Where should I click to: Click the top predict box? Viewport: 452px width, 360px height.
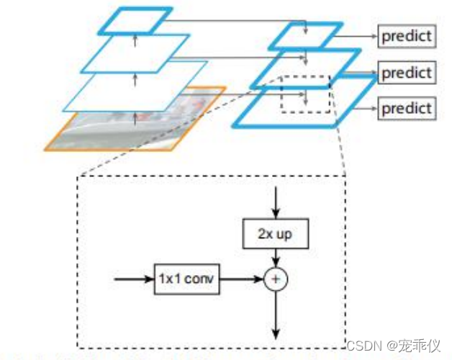pyautogui.click(x=407, y=36)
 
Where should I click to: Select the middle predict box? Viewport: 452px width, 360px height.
pyautogui.click(x=407, y=73)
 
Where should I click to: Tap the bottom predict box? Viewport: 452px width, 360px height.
pyautogui.click(x=407, y=108)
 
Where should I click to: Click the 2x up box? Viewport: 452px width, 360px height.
pyautogui.click(x=275, y=235)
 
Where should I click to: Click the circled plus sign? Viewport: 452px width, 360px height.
pyautogui.click(x=275, y=279)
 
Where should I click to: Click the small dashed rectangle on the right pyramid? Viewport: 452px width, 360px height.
pyautogui.click(x=304, y=94)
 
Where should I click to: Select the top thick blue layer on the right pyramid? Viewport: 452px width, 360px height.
pyautogui.click(x=305, y=36)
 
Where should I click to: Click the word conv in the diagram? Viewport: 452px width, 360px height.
pyautogui.click(x=199, y=279)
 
